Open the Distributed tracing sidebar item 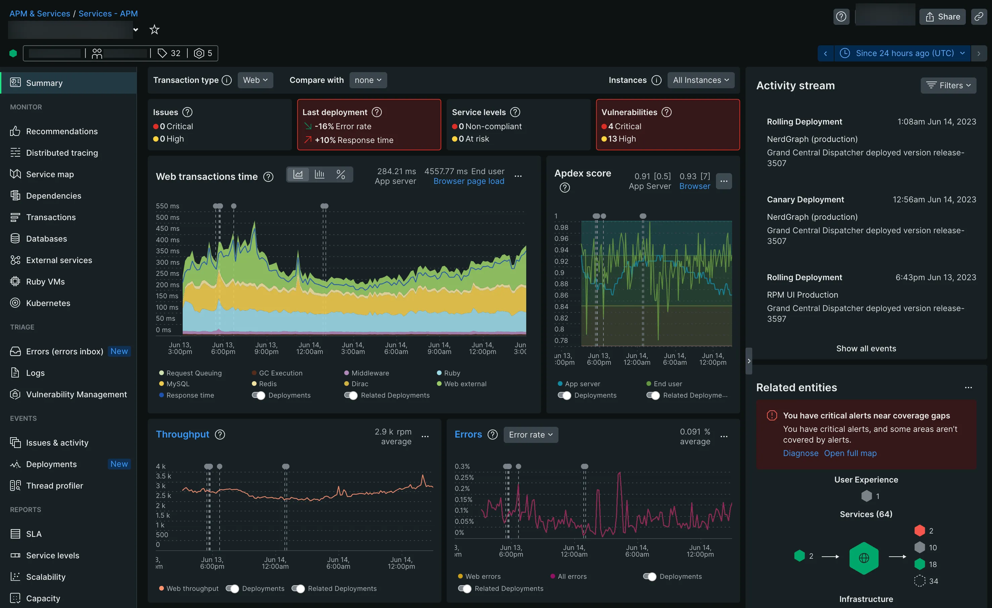(x=61, y=153)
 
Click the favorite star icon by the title (x=154, y=30)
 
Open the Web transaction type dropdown (x=255, y=80)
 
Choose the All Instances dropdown (x=701, y=80)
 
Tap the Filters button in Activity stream (x=948, y=85)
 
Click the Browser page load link (x=468, y=182)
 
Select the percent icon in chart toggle (x=341, y=174)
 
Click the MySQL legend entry (x=178, y=384)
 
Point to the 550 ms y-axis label (x=168, y=206)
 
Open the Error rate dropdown (x=531, y=435)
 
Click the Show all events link (x=866, y=349)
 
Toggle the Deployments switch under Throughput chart (x=232, y=589)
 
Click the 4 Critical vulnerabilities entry (x=624, y=126)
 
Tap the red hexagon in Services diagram (x=919, y=531)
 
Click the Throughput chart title (x=182, y=435)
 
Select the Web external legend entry (x=465, y=384)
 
